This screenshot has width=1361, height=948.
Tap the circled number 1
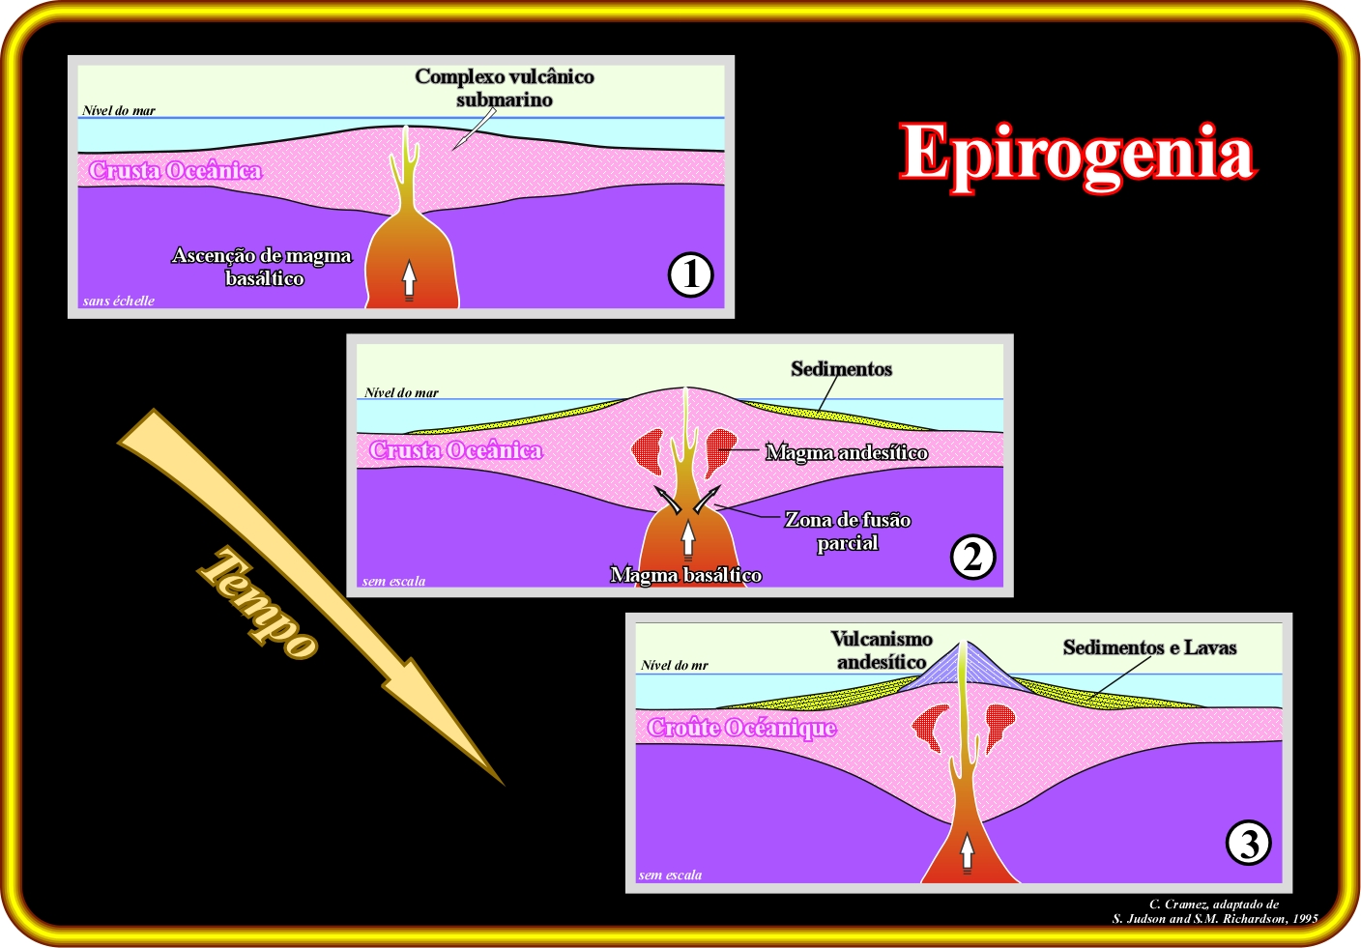(x=690, y=274)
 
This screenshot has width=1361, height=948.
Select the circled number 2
(x=972, y=557)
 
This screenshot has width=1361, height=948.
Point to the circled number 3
(x=1248, y=843)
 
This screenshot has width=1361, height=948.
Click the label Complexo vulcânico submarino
(x=504, y=88)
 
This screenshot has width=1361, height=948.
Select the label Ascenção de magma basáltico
(x=262, y=267)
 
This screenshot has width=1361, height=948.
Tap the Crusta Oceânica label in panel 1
(x=175, y=171)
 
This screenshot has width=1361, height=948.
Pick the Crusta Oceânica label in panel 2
(x=455, y=450)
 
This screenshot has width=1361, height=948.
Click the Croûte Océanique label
(x=741, y=728)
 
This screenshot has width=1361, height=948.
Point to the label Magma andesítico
(x=846, y=452)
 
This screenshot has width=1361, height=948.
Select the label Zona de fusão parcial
(x=847, y=531)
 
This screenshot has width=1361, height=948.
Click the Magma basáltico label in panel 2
(x=685, y=575)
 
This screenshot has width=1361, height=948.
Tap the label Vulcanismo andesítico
(x=882, y=650)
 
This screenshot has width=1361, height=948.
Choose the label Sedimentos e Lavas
(x=1149, y=647)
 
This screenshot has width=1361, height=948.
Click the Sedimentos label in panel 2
(x=841, y=369)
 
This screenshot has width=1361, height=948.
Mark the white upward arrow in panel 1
(x=409, y=278)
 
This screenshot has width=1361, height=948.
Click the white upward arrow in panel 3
(x=967, y=851)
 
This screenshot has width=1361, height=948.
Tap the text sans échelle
(x=118, y=301)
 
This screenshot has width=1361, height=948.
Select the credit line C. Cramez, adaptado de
(x=1213, y=905)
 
